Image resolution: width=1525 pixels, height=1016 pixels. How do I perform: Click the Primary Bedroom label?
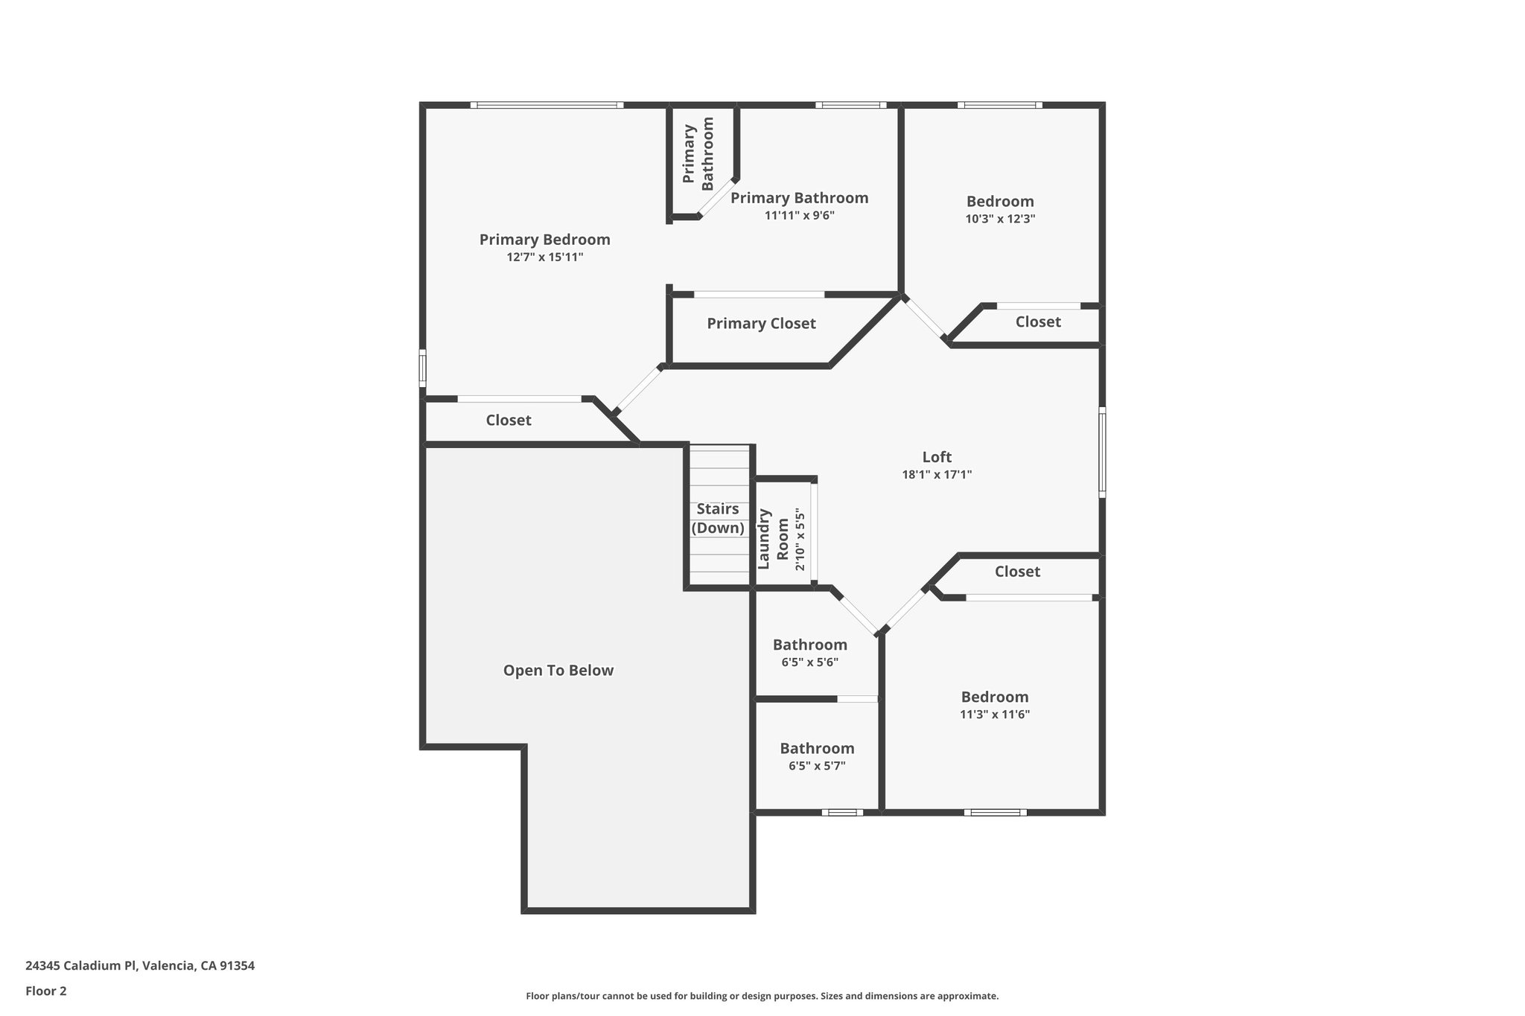pyautogui.click(x=544, y=240)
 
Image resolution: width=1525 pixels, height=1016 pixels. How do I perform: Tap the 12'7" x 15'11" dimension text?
pyautogui.click(x=544, y=258)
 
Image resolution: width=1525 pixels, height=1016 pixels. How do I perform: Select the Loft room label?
pyautogui.click(x=937, y=457)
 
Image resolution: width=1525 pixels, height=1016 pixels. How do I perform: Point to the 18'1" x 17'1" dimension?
pyautogui.click(x=937, y=475)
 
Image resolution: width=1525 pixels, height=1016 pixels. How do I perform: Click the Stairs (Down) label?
pyautogui.click(x=718, y=518)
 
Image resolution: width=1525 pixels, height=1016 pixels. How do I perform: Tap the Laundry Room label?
pyautogui.click(x=773, y=538)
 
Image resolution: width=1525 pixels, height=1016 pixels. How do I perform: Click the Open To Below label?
pyautogui.click(x=558, y=671)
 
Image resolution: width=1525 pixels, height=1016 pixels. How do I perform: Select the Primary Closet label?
pyautogui.click(x=761, y=324)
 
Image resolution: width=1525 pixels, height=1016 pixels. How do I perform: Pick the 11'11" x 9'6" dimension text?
pyautogui.click(x=800, y=216)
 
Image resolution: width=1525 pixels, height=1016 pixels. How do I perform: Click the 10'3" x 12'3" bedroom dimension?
pyautogui.click(x=1000, y=219)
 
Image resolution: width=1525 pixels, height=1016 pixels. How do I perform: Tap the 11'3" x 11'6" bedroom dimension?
pyautogui.click(x=995, y=715)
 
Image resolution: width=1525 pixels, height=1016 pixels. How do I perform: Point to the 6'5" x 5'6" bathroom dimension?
pyautogui.click(x=810, y=662)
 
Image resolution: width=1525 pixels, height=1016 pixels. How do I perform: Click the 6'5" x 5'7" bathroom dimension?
pyautogui.click(x=817, y=766)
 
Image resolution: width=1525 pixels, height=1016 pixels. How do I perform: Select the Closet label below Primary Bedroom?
pyautogui.click(x=509, y=421)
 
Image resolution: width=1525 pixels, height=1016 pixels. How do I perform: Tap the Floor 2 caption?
pyautogui.click(x=46, y=991)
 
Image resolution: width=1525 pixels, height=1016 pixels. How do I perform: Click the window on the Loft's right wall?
pyautogui.click(x=1102, y=452)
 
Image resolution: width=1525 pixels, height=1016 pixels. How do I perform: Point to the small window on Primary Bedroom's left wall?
pyautogui.click(x=422, y=368)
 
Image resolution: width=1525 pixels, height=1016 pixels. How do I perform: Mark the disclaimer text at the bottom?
pyautogui.click(x=762, y=996)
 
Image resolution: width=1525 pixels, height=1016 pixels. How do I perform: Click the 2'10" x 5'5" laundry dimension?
pyautogui.click(x=800, y=540)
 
